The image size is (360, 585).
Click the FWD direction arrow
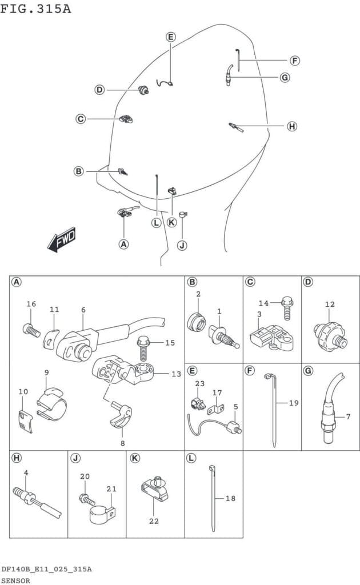click(x=62, y=239)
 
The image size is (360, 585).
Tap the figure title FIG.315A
click(x=35, y=8)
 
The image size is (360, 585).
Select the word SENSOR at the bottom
click(x=15, y=580)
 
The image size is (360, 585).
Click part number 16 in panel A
click(x=31, y=304)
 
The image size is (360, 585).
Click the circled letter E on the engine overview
click(x=171, y=37)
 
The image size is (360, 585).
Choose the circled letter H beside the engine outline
click(x=292, y=126)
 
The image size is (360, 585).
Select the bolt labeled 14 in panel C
click(x=287, y=308)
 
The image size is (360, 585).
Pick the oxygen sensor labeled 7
click(x=331, y=408)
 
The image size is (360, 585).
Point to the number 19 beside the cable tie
click(x=294, y=403)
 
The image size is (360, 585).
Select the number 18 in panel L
click(x=230, y=498)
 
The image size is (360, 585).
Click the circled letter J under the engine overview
click(x=182, y=246)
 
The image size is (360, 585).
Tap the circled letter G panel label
click(x=309, y=371)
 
